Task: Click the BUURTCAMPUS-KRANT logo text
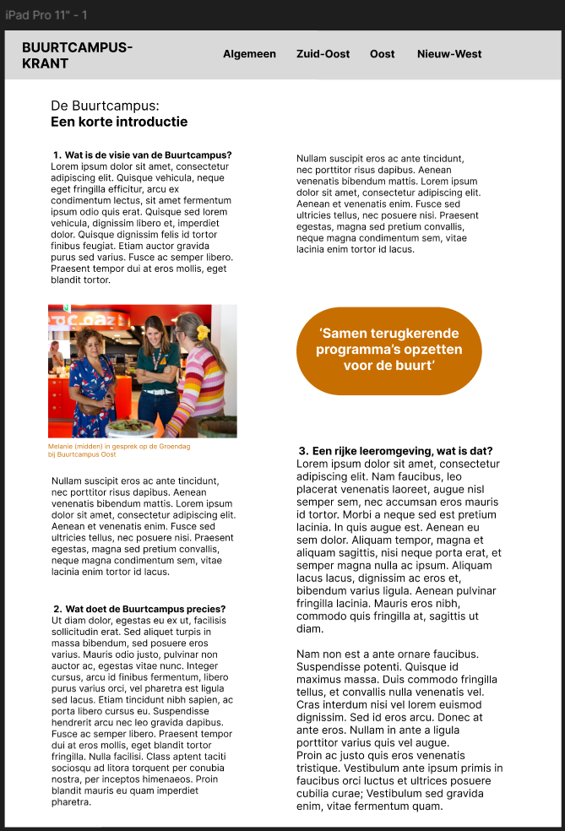click(x=77, y=55)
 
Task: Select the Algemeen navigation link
click(x=249, y=54)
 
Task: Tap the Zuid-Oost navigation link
click(x=323, y=54)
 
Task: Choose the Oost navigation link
click(x=382, y=54)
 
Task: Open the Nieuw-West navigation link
click(x=449, y=54)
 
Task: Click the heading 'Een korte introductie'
click(x=119, y=122)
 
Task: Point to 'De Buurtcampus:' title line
click(x=105, y=106)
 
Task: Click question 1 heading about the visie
click(x=142, y=155)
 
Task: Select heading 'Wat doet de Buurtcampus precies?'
click(x=139, y=609)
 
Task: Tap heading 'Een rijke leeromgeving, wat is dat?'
click(x=395, y=451)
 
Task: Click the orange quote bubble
click(x=388, y=350)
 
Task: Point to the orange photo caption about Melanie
click(x=119, y=450)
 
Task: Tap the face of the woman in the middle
click(x=156, y=330)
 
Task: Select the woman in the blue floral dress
click(x=90, y=380)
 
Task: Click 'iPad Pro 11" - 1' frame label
click(x=46, y=15)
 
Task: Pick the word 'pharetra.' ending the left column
click(x=71, y=801)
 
